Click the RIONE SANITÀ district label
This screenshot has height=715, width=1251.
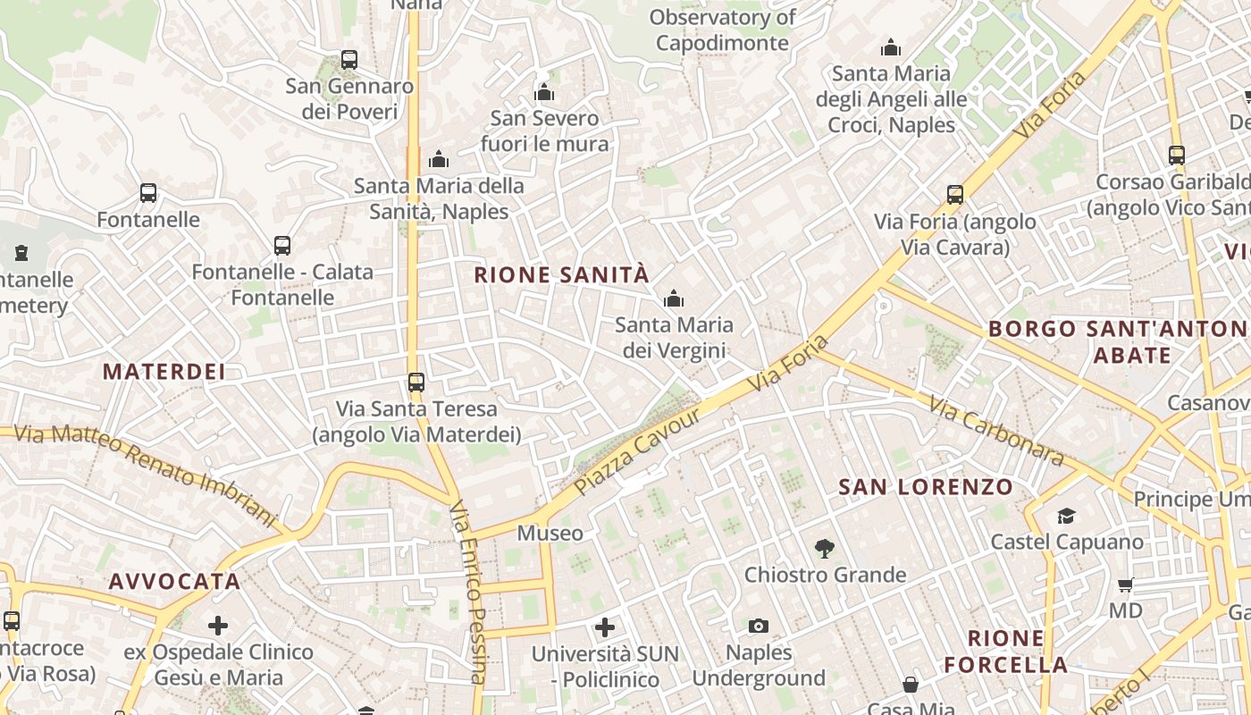point(561,274)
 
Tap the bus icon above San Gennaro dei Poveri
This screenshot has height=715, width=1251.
point(349,60)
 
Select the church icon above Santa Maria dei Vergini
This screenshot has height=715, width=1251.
point(674,299)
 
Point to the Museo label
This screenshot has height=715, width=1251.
point(550,534)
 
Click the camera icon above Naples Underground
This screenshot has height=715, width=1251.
point(759,626)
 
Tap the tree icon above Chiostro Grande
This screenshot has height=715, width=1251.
point(825,548)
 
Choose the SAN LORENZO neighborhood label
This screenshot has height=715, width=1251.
point(926,487)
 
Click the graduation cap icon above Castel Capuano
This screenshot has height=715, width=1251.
point(1066,516)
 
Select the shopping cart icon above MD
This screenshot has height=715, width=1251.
point(1126,585)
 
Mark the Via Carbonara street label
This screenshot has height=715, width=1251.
point(996,431)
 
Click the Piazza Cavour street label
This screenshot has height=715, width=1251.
point(638,453)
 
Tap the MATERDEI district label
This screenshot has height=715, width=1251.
point(164,372)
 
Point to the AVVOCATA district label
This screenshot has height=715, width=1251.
point(175,582)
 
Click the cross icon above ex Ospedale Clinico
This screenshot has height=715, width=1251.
point(218,626)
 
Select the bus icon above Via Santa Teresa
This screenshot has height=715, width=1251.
point(416,383)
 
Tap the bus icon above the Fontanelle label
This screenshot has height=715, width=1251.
point(148,193)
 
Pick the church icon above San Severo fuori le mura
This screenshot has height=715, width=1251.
point(544,92)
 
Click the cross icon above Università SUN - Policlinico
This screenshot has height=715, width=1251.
point(605,627)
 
